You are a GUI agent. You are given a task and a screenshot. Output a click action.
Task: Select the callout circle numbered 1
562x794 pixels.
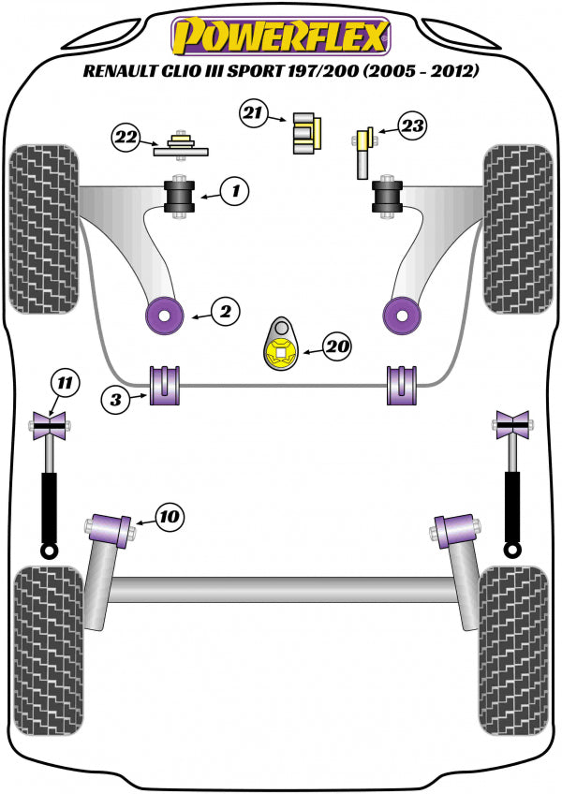pos(236,193)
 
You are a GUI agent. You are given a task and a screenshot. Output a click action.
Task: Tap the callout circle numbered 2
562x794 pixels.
pos(224,312)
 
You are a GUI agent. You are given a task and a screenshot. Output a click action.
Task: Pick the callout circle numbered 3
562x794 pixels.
pos(117,401)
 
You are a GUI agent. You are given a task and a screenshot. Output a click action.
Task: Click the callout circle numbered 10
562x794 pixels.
pos(170,515)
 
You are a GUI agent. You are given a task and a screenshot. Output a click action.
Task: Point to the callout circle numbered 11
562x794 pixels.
pos(66,382)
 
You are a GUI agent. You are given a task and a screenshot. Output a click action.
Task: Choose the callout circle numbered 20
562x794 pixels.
pos(338,347)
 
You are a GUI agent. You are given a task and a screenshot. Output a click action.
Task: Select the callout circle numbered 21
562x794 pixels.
pos(251,115)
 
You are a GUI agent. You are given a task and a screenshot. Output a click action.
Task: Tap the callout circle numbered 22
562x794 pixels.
pos(127,138)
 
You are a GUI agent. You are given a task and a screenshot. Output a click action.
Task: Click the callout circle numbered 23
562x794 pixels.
pos(410,125)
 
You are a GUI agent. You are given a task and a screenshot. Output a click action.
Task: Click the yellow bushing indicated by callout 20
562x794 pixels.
pos(279,353)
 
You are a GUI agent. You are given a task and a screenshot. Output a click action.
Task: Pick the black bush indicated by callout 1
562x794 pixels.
pos(178,195)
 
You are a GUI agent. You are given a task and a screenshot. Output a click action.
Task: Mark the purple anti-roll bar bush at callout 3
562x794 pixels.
pos(165,385)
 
